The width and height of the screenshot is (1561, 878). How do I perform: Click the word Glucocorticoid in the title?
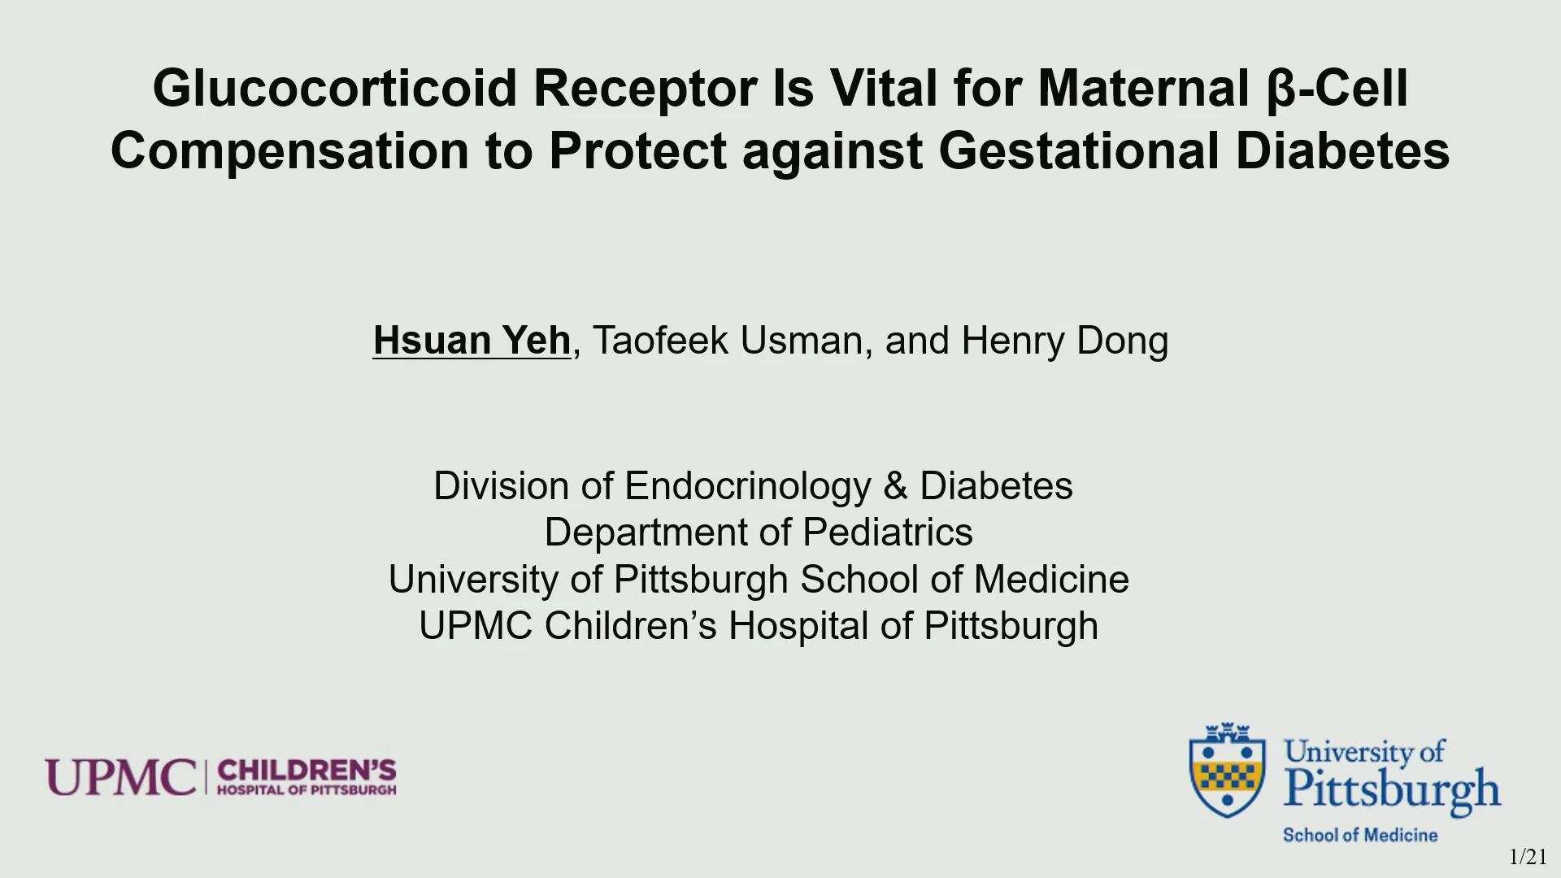pos(335,89)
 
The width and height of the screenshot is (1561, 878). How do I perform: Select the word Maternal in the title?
pos(1143,88)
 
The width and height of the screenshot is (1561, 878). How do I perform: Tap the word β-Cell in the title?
pos(1337,89)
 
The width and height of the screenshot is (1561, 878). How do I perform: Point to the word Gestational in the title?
pos(1079,151)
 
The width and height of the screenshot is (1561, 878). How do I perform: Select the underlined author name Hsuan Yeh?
pos(472,340)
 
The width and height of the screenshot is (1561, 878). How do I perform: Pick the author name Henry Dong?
pos(1065,341)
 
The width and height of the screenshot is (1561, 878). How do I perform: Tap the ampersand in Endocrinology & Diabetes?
pos(895,486)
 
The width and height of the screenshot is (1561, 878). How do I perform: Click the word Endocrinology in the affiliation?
pos(748,487)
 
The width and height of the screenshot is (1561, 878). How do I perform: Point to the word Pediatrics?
pos(888,532)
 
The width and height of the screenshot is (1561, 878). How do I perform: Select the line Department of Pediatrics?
pos(759,532)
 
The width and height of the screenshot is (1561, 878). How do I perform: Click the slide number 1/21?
pos(1528,857)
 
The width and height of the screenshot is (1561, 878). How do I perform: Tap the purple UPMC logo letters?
pos(121,777)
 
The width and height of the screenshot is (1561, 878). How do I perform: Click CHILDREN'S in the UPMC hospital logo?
pos(307,770)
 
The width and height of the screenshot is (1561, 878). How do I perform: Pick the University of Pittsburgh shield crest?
pos(1227,770)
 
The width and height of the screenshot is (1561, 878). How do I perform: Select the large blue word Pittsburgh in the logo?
pos(1392,790)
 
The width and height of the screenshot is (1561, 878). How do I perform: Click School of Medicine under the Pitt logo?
pos(1360,835)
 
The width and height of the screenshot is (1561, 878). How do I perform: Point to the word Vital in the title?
pos(884,88)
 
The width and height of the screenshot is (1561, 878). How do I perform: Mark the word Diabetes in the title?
pos(1342,151)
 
